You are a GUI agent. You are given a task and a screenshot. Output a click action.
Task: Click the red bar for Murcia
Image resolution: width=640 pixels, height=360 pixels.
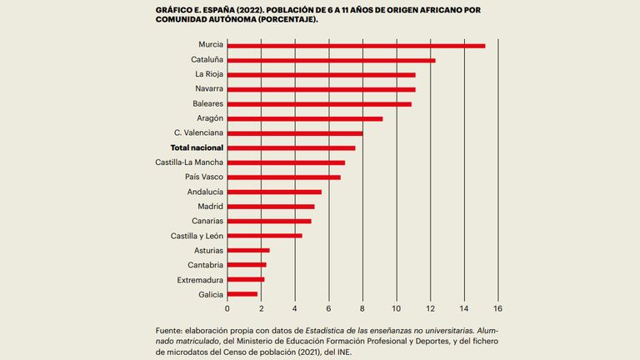356,45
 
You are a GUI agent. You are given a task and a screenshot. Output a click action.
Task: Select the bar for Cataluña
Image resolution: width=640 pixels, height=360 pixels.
331,60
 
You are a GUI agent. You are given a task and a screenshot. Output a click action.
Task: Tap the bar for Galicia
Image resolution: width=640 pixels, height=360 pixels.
242,294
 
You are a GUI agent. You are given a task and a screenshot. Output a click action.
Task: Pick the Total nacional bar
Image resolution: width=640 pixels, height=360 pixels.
291,147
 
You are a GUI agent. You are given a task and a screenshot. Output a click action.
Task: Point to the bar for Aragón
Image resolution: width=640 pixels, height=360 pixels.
305,118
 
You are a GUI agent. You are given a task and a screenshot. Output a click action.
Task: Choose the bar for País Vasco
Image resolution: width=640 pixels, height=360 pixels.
283,177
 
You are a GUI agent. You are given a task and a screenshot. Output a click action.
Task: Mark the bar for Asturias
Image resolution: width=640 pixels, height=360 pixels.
248,250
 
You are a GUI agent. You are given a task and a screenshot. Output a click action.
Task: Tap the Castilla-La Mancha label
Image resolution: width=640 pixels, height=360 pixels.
188,162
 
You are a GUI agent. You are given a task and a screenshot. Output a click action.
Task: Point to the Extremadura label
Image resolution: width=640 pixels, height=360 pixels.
200,280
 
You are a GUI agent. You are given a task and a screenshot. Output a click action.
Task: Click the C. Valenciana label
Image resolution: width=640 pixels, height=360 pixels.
198,133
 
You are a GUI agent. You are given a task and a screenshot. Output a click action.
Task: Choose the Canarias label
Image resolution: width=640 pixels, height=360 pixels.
207,221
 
